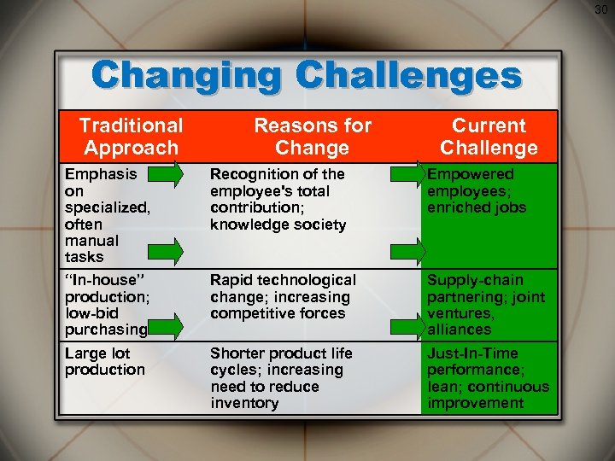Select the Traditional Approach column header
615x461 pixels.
coord(131,137)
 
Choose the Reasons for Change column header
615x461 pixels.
coord(313,137)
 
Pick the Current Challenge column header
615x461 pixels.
coord(489,137)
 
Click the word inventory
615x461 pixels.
coord(244,403)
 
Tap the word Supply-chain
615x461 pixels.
coord(475,280)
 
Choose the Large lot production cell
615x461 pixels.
coord(104,361)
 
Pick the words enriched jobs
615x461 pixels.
coord(477,207)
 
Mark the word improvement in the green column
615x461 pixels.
coord(476,403)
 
